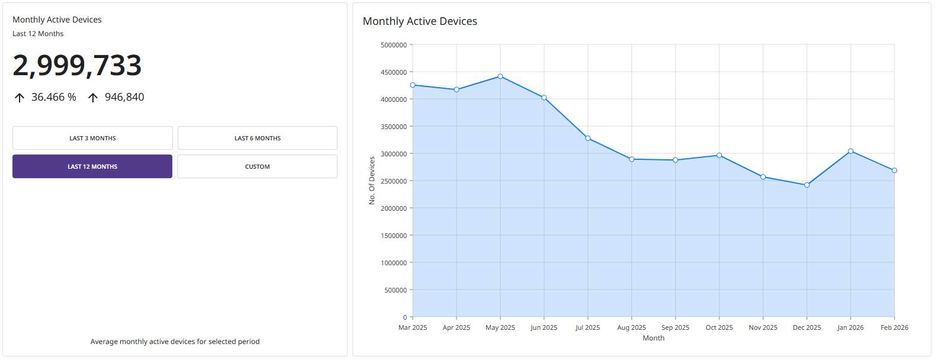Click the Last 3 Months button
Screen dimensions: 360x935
click(92, 138)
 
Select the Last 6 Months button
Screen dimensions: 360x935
click(257, 138)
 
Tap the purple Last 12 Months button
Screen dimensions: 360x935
click(92, 166)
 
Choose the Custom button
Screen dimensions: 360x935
click(257, 166)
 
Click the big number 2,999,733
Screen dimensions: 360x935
click(77, 65)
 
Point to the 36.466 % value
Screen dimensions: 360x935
click(54, 97)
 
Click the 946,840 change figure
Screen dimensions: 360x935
click(124, 97)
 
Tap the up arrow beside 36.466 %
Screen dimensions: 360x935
click(20, 98)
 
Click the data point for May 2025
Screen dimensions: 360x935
click(500, 76)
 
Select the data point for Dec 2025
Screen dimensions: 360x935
click(807, 185)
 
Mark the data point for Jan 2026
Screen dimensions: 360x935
click(850, 151)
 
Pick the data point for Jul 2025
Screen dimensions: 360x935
click(588, 138)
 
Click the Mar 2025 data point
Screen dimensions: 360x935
click(413, 85)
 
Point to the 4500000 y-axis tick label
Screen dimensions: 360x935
click(394, 72)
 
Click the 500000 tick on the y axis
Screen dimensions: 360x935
click(396, 290)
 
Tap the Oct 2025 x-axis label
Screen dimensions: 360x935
click(719, 327)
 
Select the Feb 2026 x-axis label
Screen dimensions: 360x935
click(894, 327)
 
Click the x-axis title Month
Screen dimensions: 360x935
click(653, 338)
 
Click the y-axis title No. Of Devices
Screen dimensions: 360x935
click(372, 181)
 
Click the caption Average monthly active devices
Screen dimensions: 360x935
click(175, 342)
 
